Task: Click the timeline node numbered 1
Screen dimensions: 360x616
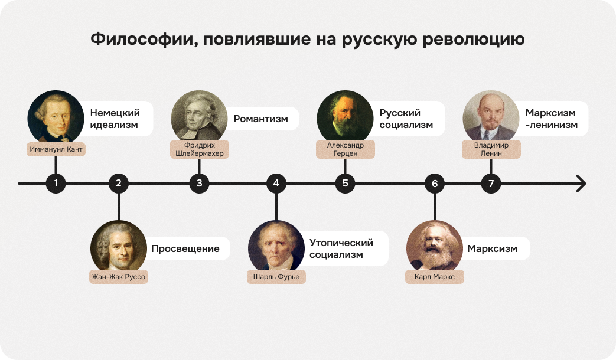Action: [56, 184]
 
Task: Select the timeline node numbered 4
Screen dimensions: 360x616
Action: [276, 184]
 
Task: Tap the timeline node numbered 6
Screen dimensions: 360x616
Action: [435, 184]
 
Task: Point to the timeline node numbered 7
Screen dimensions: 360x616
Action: [490, 184]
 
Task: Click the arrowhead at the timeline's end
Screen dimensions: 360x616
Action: [581, 184]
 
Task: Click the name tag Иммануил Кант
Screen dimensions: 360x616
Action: [56, 149]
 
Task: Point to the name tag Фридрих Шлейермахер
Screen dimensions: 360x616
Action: [199, 149]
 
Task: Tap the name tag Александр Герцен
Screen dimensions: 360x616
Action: [346, 149]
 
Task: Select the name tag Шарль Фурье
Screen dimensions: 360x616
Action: [276, 277]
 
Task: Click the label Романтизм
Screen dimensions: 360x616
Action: [261, 119]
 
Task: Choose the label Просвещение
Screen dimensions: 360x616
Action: [185, 249]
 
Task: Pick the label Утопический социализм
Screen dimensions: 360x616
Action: [341, 249]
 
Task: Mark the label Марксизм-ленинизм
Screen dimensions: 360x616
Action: [551, 119]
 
